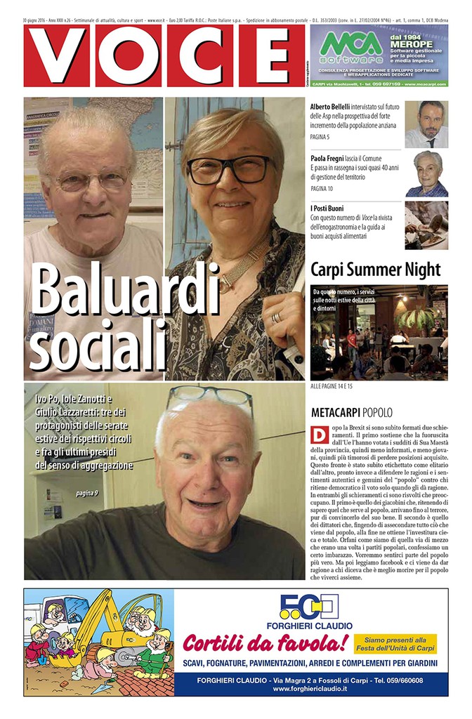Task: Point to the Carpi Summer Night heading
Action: point(375,270)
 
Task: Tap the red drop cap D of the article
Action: point(317,435)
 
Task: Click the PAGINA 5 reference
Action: point(320,137)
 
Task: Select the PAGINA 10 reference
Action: point(322,189)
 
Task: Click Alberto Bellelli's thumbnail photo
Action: point(426,124)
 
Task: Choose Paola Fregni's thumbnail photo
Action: point(426,173)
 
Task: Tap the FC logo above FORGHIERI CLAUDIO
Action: point(310,607)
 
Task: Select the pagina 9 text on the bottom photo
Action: point(86,493)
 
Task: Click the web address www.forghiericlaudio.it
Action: point(310,689)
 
